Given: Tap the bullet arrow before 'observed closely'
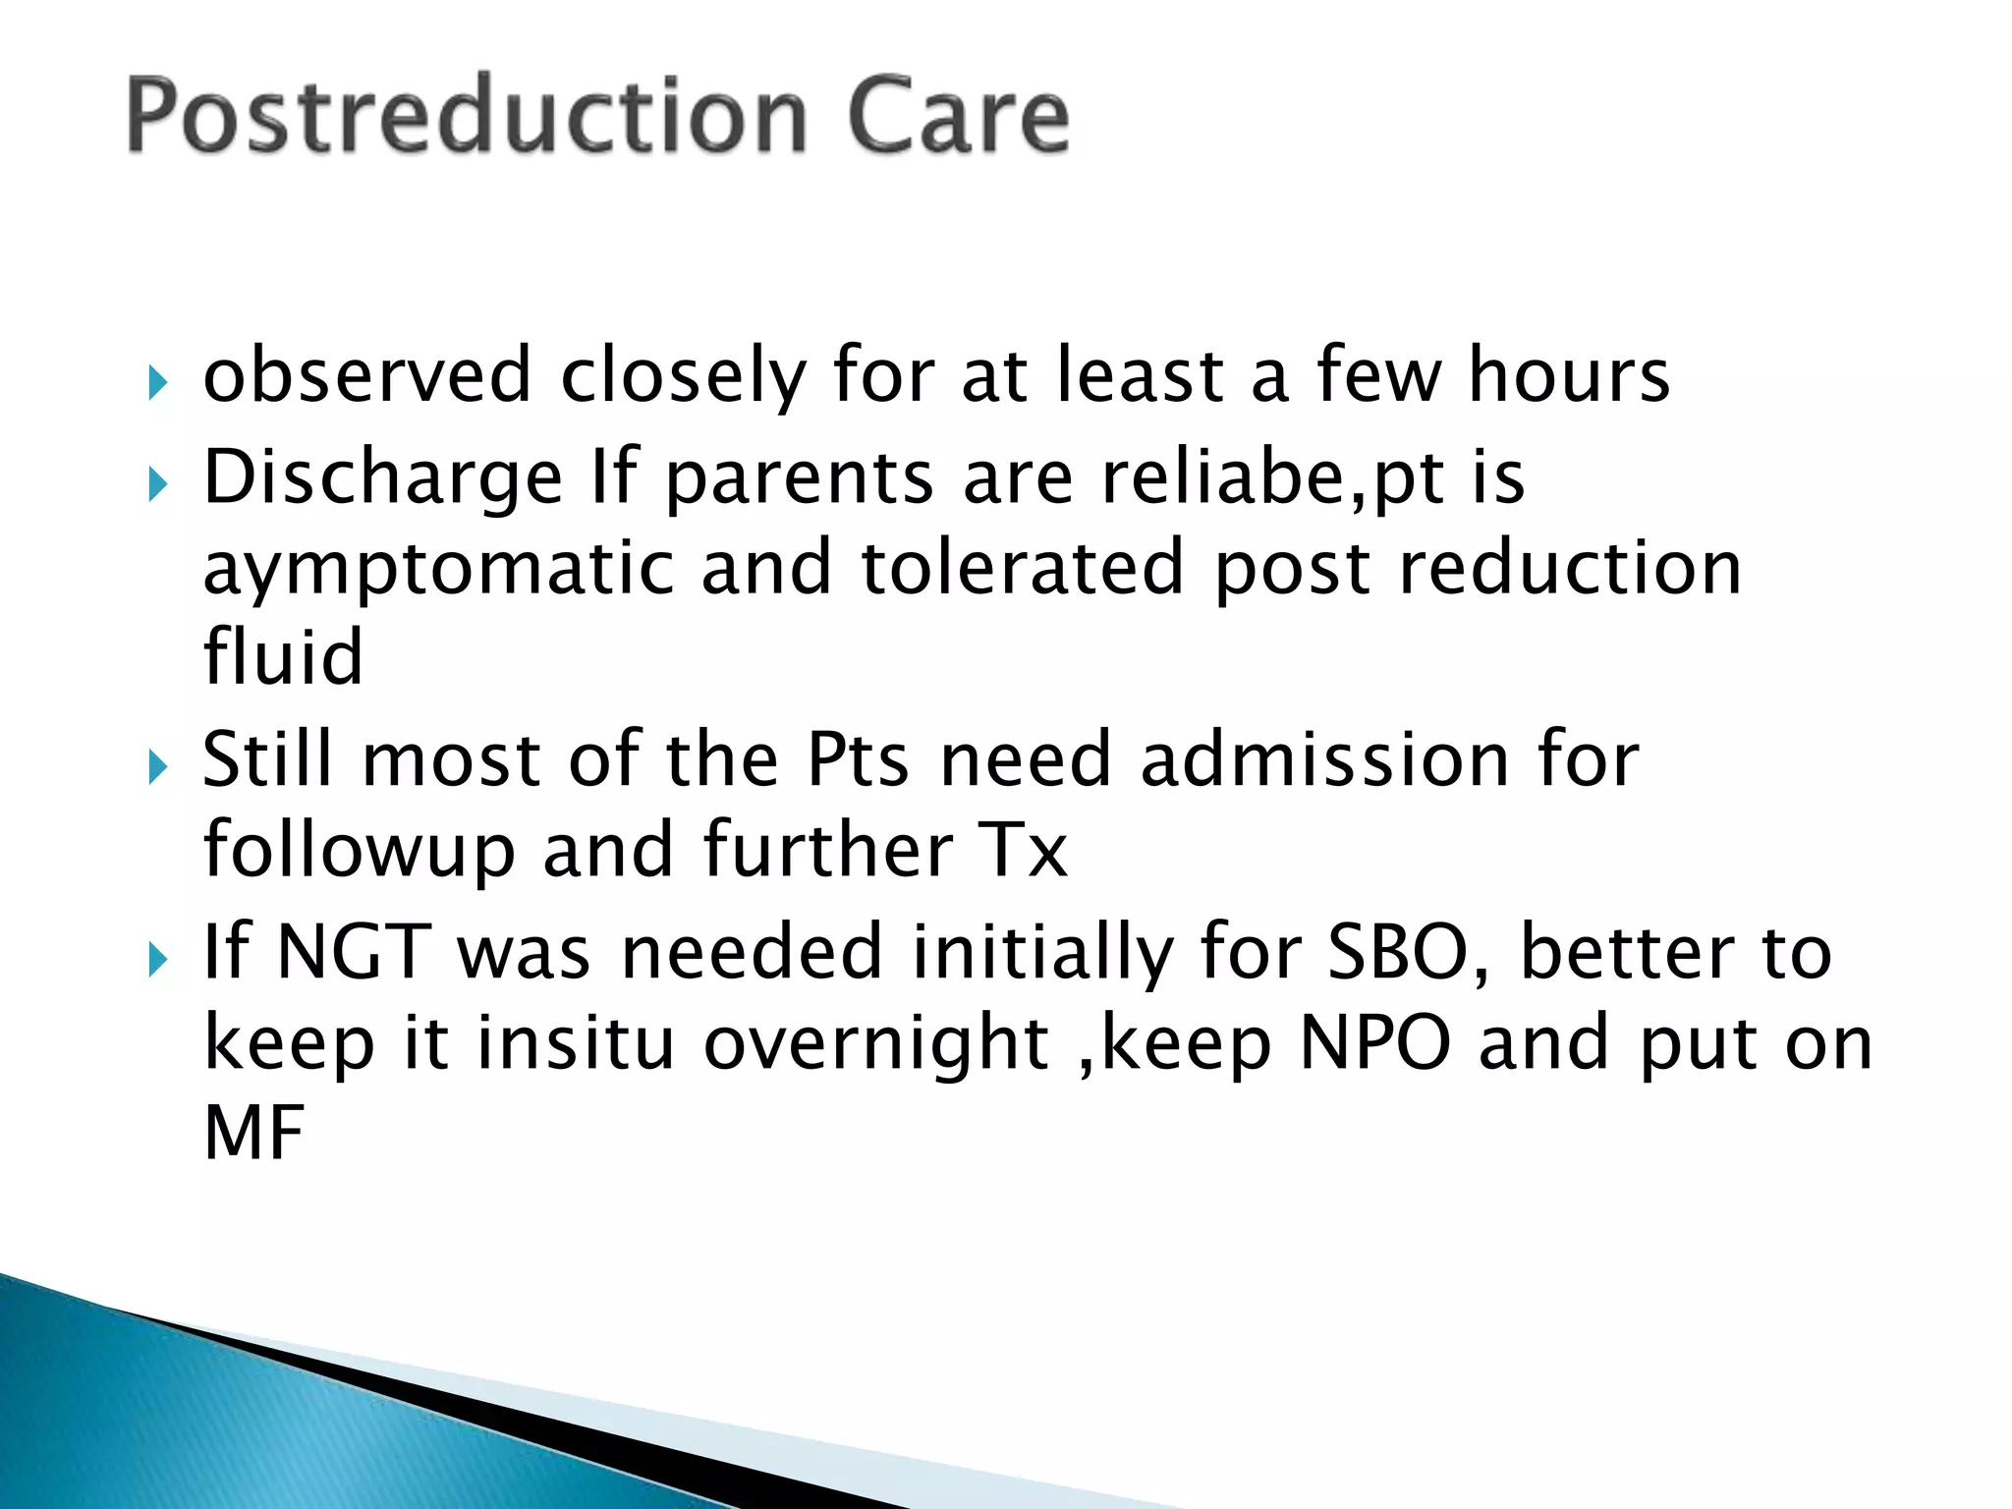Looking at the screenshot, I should (x=157, y=382).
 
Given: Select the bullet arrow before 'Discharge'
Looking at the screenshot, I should (x=157, y=483).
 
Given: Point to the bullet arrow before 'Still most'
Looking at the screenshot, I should (x=157, y=765).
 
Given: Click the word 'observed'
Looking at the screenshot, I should (x=367, y=376).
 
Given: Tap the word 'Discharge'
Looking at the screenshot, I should (x=382, y=478).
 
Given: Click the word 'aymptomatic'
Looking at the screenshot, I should (x=438, y=570).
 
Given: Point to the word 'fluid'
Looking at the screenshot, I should (x=283, y=657).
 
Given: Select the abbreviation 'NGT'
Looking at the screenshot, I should (x=354, y=952).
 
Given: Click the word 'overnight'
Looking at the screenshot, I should (x=876, y=1043).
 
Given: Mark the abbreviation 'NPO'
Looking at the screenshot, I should (x=1374, y=1043).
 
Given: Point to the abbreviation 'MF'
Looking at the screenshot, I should (x=253, y=1134).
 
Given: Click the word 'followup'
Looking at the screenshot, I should (x=359, y=850).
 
